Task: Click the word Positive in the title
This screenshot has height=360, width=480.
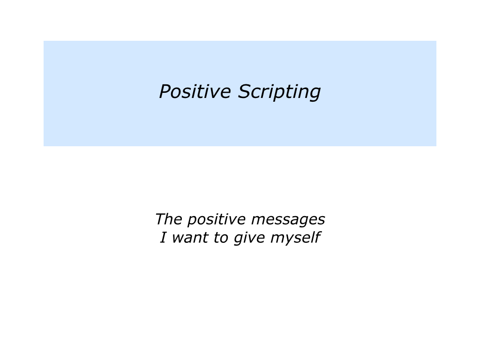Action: pos(195,91)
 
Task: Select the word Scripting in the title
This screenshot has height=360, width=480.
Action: pos(279,92)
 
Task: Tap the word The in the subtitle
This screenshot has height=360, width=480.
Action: pos(169,219)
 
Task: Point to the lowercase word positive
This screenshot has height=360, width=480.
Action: pos(217,220)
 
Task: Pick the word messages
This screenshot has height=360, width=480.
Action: pos(288,220)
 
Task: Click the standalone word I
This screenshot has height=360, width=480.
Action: pos(163,237)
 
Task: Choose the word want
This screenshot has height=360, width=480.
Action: pos(190,238)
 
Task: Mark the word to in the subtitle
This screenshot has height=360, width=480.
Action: pos(221,238)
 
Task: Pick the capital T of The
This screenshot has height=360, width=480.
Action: pos(161,219)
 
